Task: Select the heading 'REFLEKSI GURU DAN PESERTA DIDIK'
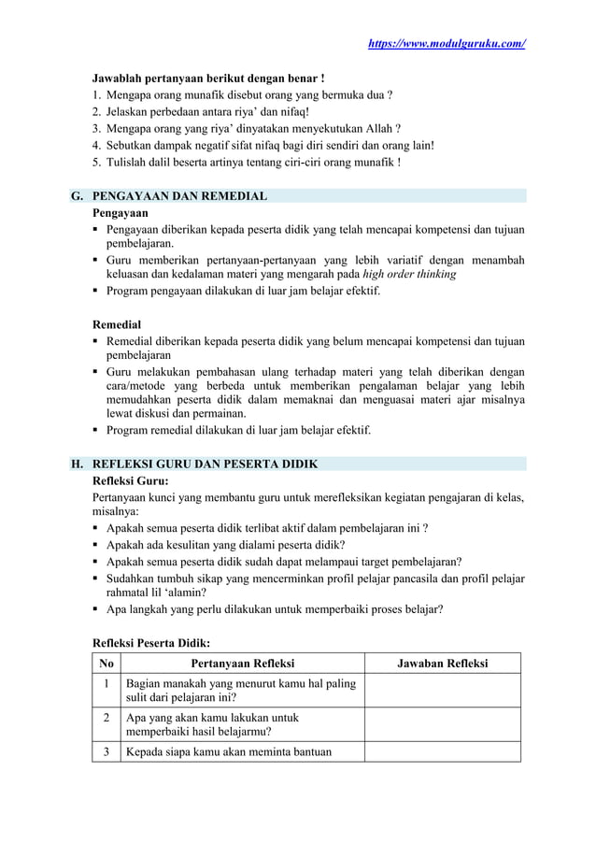pos(205,464)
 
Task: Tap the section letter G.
pos(77,196)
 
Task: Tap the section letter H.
pos(77,464)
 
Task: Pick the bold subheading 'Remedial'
pos(118,324)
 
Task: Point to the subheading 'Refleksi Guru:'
pos(131,480)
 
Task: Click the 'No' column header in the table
pos(106,664)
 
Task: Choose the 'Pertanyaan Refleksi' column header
pos(242,664)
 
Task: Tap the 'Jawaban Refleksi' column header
pos(442,664)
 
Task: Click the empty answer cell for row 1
pos(442,691)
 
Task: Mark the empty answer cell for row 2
pos(442,724)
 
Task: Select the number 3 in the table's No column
pos(106,751)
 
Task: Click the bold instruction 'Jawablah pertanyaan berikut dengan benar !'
pos(208,78)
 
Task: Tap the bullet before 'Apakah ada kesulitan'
pos(96,545)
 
